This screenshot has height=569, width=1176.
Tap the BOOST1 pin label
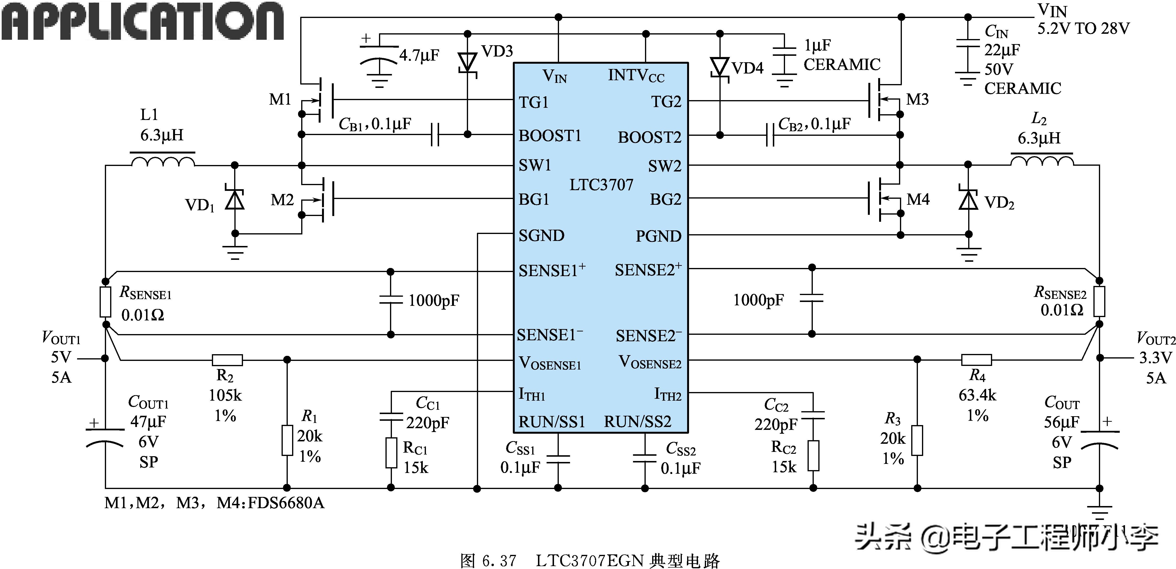click(x=550, y=136)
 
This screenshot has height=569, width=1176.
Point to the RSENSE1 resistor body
click(x=105, y=302)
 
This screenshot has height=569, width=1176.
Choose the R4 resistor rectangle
click(x=977, y=360)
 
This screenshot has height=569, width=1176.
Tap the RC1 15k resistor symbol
click(x=391, y=453)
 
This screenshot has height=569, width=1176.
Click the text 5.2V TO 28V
click(x=1083, y=29)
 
